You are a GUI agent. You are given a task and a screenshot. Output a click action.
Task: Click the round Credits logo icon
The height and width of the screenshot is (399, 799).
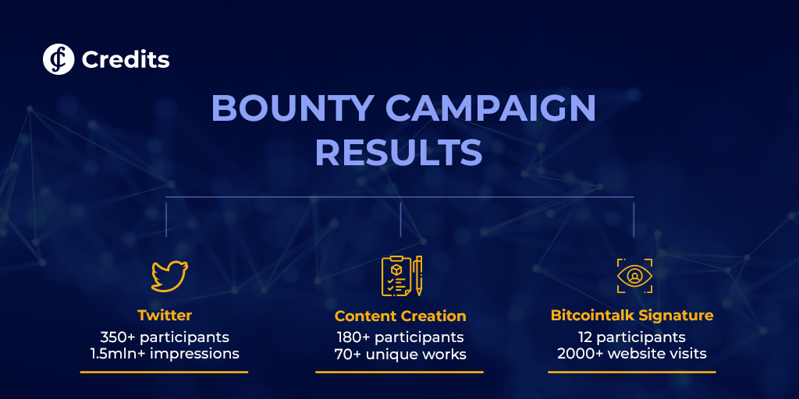tap(59, 59)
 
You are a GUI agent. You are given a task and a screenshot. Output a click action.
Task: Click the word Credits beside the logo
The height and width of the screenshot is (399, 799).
tap(126, 60)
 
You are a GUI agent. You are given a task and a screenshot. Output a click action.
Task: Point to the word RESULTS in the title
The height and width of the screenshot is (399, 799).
tap(399, 154)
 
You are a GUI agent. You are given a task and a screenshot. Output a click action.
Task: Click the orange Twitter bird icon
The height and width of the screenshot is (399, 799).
tap(169, 277)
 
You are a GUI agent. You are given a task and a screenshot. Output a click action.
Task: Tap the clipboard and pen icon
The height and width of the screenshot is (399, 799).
tap(402, 276)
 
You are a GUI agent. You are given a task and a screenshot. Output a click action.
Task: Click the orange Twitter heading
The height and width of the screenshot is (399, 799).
tap(165, 315)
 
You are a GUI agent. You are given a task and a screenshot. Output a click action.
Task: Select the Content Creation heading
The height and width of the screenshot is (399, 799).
tap(400, 316)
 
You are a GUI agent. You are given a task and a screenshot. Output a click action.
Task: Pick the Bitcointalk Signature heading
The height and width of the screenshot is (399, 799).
tap(632, 316)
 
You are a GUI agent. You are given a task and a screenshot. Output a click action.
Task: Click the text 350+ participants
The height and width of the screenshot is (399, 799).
tap(165, 337)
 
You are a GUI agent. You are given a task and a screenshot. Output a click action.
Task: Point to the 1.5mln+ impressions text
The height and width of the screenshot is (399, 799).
tap(165, 353)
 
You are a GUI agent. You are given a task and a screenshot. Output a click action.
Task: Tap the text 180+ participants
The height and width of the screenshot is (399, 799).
tap(400, 337)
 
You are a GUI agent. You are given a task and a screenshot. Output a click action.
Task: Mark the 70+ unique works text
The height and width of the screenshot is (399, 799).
tap(400, 354)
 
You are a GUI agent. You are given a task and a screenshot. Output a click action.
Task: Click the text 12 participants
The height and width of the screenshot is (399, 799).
tap(632, 337)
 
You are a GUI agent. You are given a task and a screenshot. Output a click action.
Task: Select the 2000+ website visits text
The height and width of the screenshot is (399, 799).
tap(632, 354)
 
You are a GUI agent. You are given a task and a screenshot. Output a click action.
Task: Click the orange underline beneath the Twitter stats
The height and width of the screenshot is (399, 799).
tap(164, 372)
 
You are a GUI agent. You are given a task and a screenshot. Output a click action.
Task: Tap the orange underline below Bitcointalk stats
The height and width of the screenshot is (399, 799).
tap(632, 372)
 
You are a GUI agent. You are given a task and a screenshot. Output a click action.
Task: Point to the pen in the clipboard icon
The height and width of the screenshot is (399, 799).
tap(418, 276)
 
